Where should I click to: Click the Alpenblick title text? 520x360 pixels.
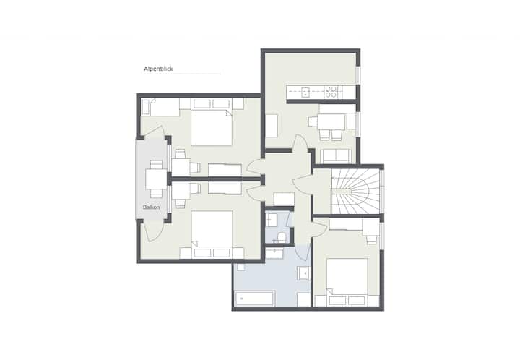click(x=158, y=69)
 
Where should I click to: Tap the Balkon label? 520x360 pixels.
click(x=151, y=207)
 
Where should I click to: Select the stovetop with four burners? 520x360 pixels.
click(x=331, y=92)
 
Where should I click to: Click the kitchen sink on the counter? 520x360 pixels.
click(x=305, y=92)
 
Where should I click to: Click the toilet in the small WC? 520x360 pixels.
click(x=282, y=237)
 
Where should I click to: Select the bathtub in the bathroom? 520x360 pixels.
click(x=254, y=299)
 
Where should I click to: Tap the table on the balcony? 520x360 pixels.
click(x=156, y=179)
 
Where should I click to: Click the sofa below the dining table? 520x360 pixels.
click(x=336, y=156)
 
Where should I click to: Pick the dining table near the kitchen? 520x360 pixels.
click(x=331, y=121)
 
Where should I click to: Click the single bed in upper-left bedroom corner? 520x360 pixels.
click(x=161, y=107)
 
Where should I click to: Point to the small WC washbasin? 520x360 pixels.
click(x=272, y=219)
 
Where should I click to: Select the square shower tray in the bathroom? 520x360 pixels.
click(x=304, y=273)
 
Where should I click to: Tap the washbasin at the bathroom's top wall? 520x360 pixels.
click(x=274, y=254)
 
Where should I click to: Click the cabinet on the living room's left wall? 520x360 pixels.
click(x=272, y=126)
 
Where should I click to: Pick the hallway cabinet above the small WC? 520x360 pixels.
click(x=284, y=199)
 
